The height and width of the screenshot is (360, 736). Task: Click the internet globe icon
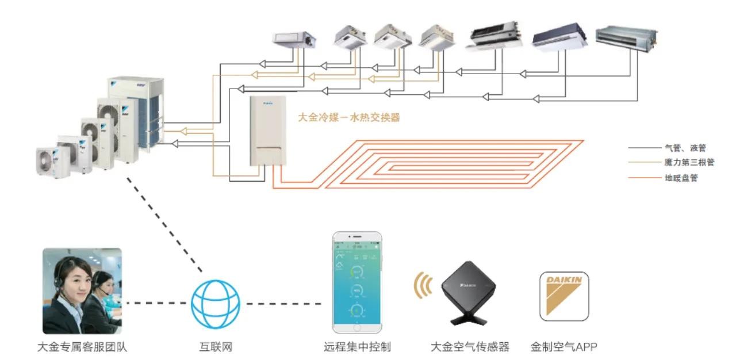[x=215, y=303]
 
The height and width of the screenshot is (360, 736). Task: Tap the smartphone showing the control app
[x=356, y=282]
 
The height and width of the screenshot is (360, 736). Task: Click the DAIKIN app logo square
[x=563, y=296]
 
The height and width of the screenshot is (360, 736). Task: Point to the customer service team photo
[x=82, y=291]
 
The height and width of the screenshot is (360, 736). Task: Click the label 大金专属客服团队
[x=82, y=347]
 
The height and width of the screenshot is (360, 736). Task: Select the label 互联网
[x=215, y=347]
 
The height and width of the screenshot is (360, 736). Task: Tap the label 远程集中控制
[x=357, y=347]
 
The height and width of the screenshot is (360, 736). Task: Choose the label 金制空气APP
[x=564, y=347]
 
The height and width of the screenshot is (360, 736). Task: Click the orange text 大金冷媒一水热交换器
[x=348, y=118]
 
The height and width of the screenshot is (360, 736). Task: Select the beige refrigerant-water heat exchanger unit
[x=267, y=132]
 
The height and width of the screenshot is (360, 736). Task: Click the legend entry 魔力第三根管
[x=689, y=163]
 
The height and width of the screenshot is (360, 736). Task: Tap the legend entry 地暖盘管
[x=681, y=178]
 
